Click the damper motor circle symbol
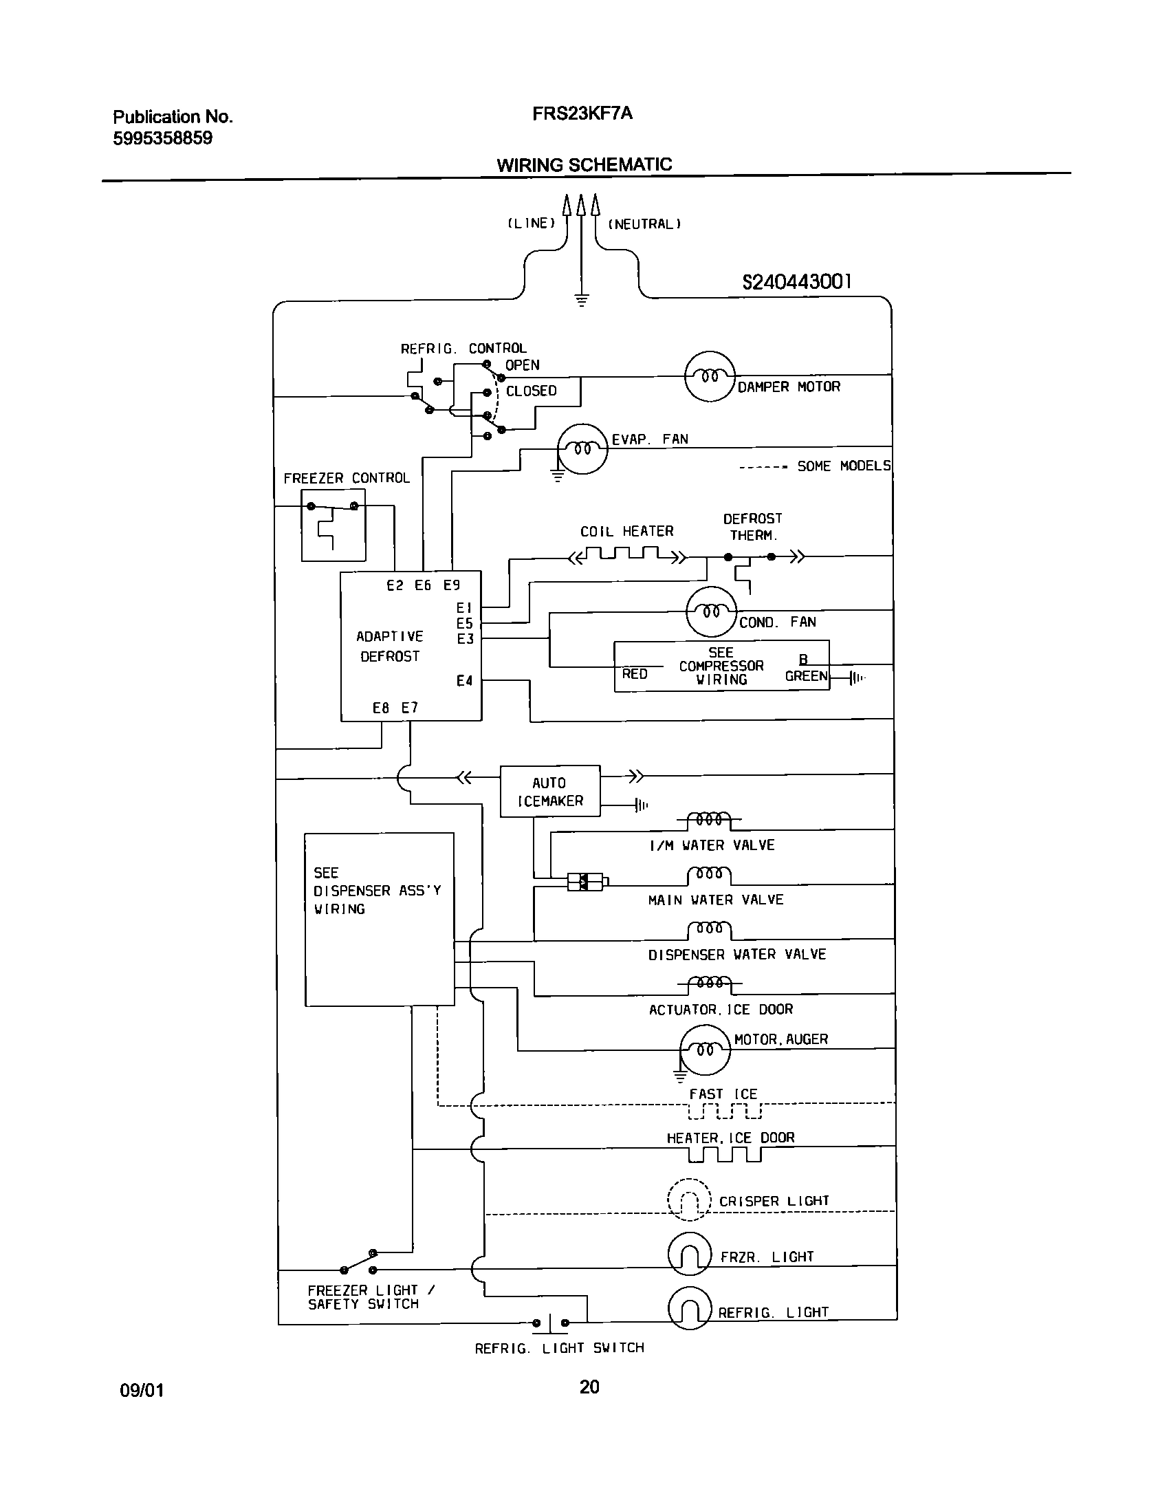tap(710, 376)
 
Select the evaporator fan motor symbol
tap(582, 449)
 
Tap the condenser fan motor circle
tap(711, 611)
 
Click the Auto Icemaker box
tap(549, 791)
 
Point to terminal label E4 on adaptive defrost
tap(465, 681)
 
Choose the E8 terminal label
tap(381, 708)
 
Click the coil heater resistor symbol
tap(625, 554)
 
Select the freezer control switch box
tap(333, 525)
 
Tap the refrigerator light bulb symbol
tap(689, 1309)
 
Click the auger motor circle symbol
tap(704, 1050)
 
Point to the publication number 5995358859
tap(162, 138)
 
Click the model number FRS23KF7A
tap(582, 113)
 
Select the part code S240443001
tap(796, 282)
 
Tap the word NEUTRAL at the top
tap(644, 224)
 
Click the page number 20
tap(589, 1387)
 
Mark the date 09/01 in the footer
tap(142, 1390)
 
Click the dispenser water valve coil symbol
tap(709, 930)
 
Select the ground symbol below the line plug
tap(581, 300)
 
